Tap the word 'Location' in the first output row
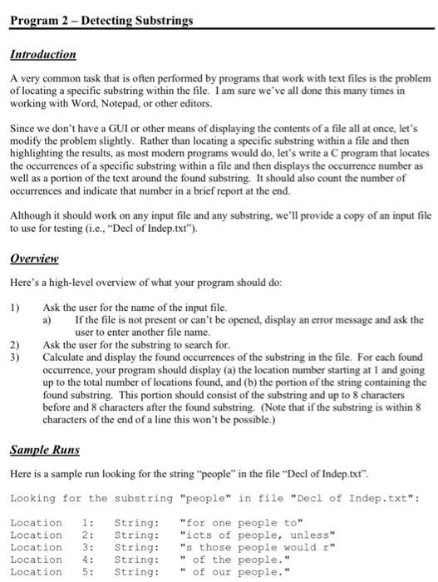[x=36, y=522]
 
